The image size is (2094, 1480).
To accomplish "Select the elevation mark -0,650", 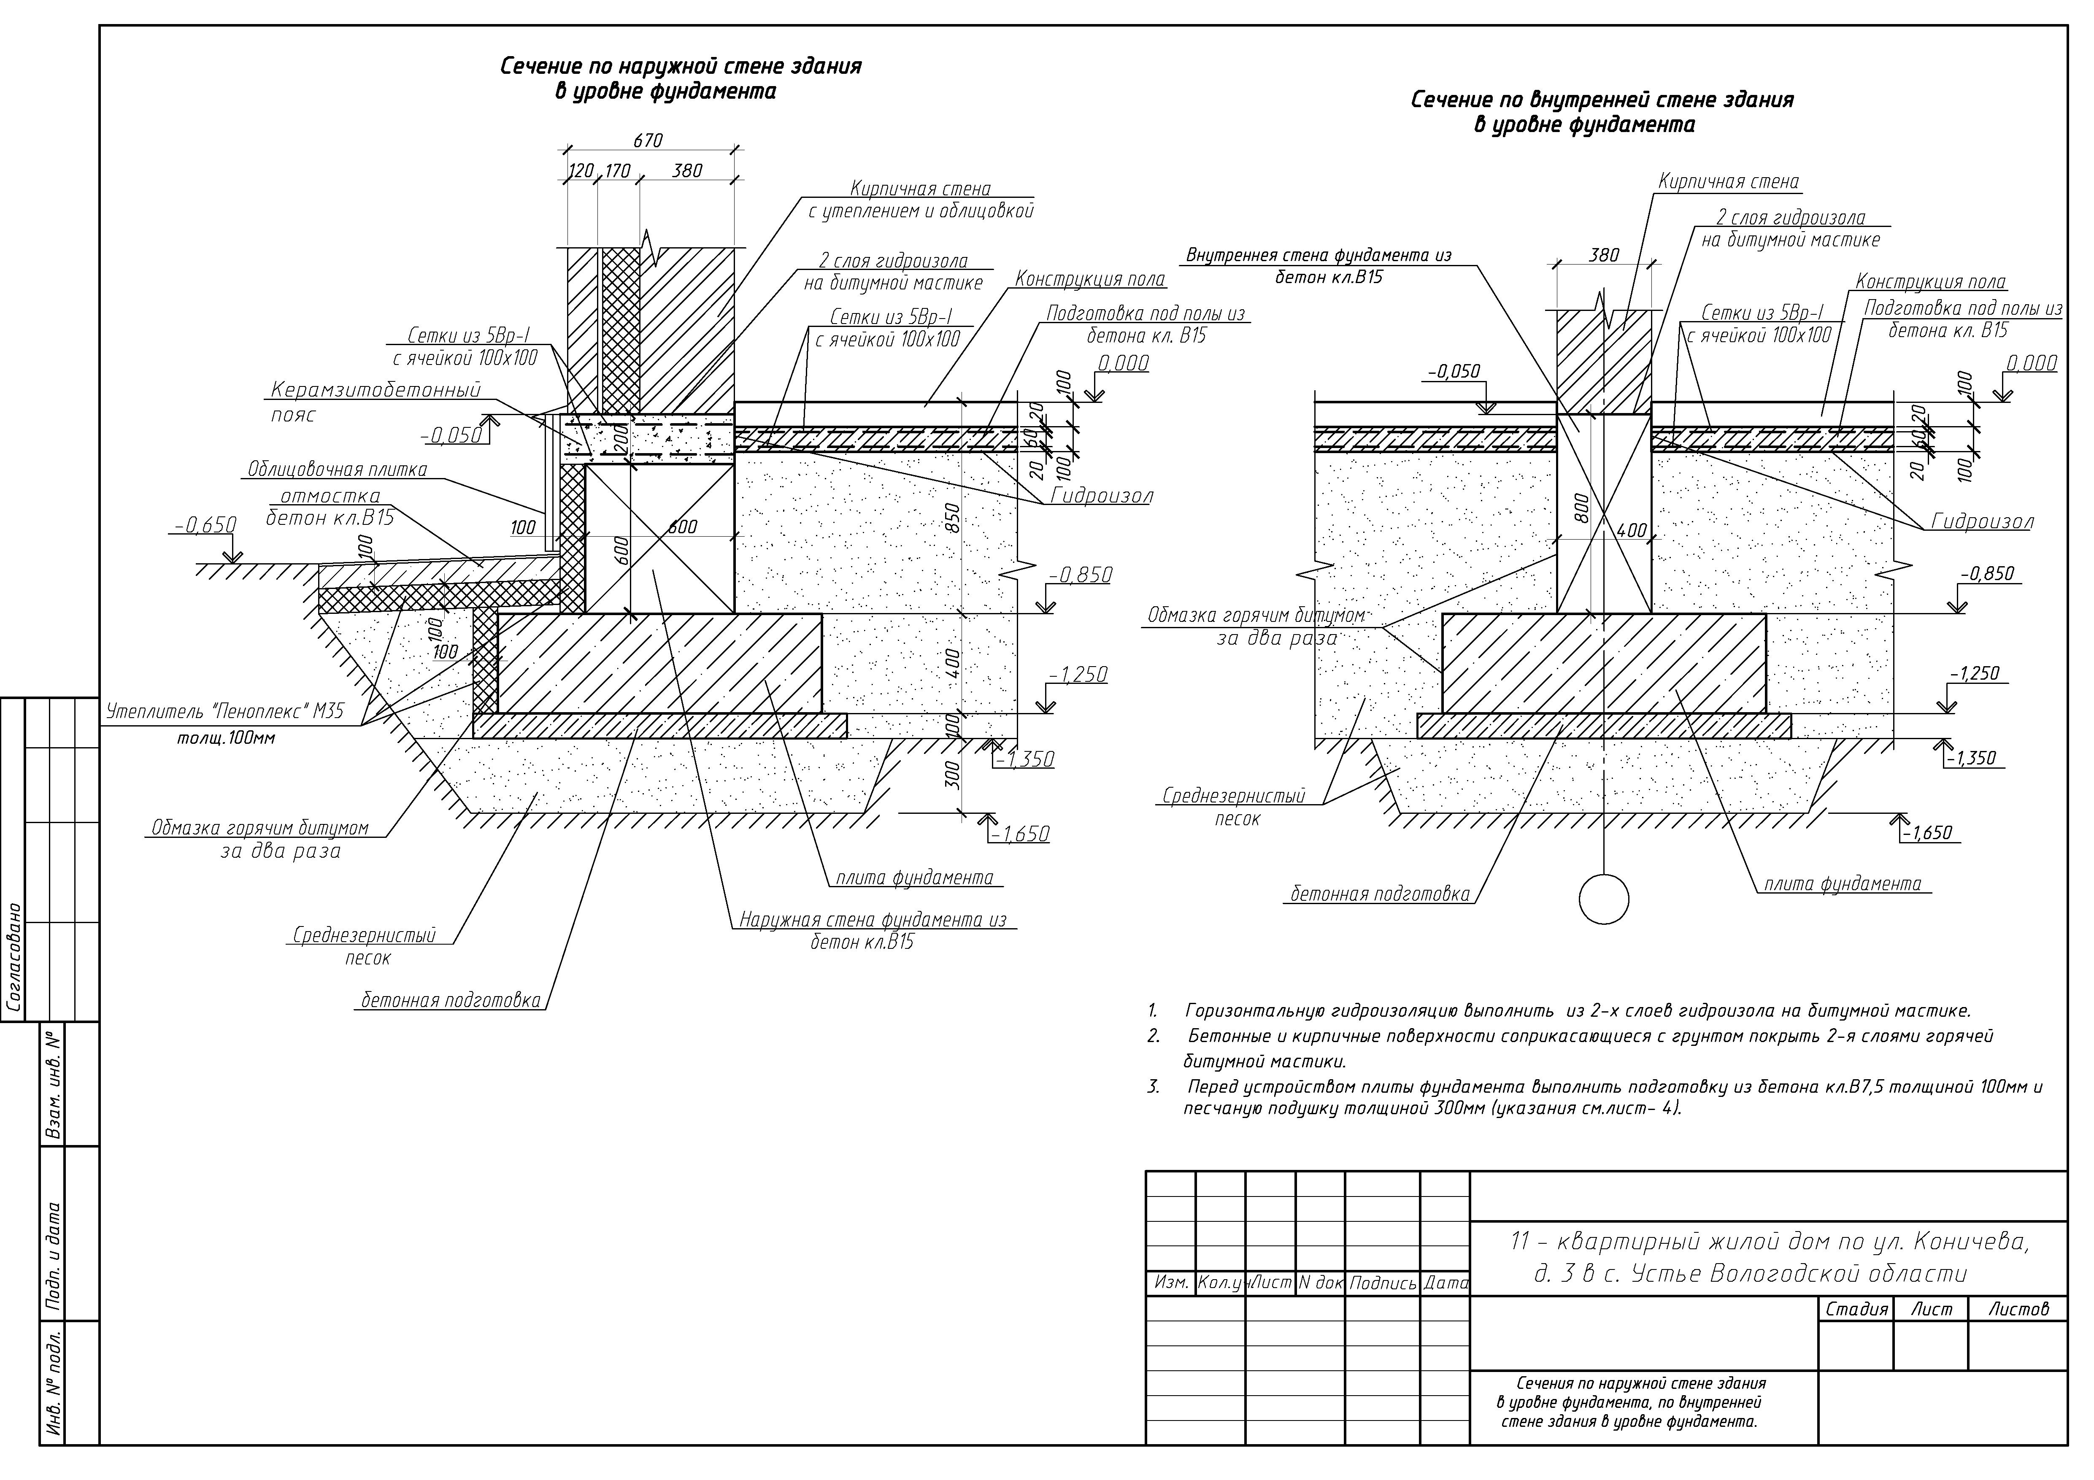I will pos(206,525).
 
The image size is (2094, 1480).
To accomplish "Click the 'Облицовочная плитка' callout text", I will pos(338,470).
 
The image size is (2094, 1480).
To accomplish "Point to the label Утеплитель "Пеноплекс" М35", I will pos(225,711).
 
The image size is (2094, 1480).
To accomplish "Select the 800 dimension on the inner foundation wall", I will pos(1582,508).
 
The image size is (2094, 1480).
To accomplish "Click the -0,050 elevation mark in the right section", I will pos(1454,371).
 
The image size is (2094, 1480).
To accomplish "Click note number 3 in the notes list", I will pos(1154,1087).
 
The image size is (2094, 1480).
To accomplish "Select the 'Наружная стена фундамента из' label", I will pos(873,920).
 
